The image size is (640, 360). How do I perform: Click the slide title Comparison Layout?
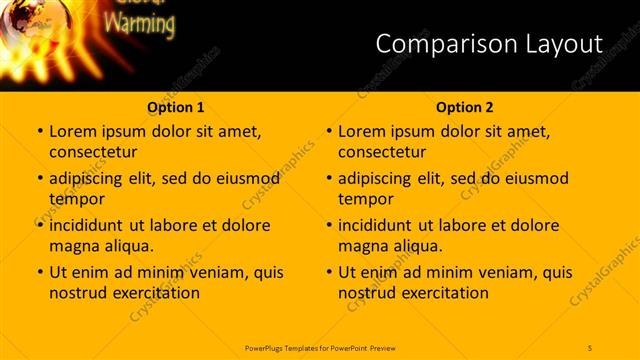489,43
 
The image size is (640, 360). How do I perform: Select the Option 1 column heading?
175,107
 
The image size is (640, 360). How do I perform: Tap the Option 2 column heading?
464,107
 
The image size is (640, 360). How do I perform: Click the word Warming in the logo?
139,23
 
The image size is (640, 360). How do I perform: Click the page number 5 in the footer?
590,347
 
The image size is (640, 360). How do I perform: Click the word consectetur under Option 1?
93,152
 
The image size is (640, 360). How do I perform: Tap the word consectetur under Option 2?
382,152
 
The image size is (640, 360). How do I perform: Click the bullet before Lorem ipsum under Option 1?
39,131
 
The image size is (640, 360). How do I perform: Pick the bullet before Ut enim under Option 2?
328,272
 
